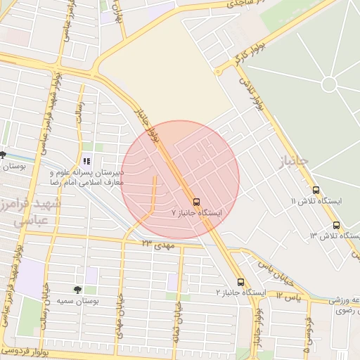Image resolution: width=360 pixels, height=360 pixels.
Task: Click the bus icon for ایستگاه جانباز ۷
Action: (195, 200)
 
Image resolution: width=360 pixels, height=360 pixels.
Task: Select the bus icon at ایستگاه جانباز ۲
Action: (240, 282)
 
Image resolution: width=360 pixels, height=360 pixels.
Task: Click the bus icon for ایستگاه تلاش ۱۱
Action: (315, 191)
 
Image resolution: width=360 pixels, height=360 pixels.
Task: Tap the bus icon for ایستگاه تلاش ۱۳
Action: (336, 226)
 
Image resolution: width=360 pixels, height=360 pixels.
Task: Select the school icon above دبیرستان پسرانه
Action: (86, 161)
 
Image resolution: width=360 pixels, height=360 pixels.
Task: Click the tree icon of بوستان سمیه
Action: (77, 290)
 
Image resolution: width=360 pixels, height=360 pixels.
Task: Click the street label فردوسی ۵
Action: (307, 335)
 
